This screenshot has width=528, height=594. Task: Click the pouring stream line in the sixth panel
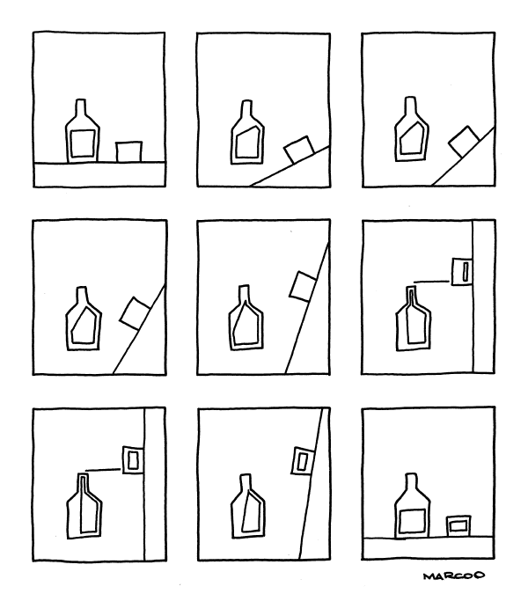click(431, 282)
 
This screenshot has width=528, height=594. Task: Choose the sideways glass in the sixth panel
click(462, 271)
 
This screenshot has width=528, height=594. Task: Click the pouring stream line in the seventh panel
click(103, 470)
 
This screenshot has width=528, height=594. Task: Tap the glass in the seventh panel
click(133, 460)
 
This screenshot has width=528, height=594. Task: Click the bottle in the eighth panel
click(248, 506)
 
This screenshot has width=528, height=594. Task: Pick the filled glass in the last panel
click(458, 526)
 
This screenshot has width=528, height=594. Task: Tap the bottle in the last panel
click(413, 505)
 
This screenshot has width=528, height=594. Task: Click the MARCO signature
click(454, 576)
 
